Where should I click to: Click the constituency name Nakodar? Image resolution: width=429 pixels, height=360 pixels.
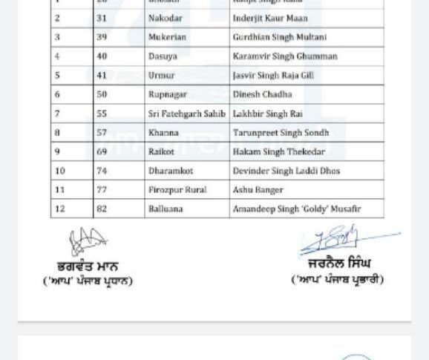click(x=165, y=18)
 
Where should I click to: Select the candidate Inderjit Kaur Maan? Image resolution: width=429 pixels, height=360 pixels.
click(x=270, y=18)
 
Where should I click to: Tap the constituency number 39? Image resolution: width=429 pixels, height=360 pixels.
click(x=102, y=37)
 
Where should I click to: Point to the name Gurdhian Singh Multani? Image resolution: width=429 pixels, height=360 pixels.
click(x=280, y=37)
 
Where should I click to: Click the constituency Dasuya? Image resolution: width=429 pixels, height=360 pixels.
click(x=163, y=56)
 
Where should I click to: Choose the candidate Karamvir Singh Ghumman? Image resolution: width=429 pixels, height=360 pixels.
click(x=285, y=56)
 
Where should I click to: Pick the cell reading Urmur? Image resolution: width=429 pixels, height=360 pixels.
click(x=162, y=76)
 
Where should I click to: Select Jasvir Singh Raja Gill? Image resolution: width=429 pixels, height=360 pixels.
click(x=273, y=76)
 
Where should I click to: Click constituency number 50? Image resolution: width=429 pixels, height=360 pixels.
click(x=102, y=94)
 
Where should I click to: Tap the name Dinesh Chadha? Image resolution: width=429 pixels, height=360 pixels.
click(x=262, y=94)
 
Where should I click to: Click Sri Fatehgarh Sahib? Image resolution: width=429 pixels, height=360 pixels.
click(x=186, y=114)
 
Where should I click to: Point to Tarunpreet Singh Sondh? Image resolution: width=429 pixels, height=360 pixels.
click(x=281, y=133)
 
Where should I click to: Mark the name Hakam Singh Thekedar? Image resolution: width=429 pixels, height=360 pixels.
click(x=278, y=152)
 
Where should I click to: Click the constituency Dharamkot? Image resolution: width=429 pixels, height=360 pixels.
click(x=171, y=171)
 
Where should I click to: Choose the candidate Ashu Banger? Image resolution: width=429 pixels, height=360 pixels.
click(x=258, y=190)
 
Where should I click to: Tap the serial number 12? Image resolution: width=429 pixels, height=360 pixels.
click(x=60, y=209)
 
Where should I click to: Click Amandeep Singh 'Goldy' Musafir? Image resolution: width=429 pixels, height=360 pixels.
click(x=296, y=209)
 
